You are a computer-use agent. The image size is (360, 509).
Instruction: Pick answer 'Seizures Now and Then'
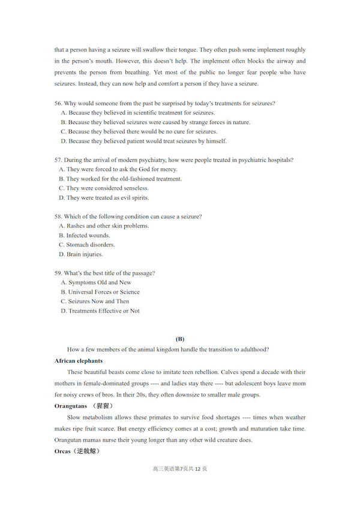pyautogui.click(x=98, y=302)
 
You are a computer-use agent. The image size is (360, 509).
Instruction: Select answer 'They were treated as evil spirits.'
pyautogui.click(x=107, y=198)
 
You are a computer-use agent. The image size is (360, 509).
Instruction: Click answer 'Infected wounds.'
pyautogui.click(x=88, y=236)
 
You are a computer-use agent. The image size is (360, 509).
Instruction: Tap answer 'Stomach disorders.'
pyautogui.click(x=90, y=245)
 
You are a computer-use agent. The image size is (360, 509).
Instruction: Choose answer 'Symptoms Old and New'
pyautogui.click(x=100, y=282)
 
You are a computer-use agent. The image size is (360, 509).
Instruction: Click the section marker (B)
pyautogui.click(x=179, y=339)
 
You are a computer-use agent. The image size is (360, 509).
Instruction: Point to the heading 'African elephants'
pyautogui.click(x=79, y=361)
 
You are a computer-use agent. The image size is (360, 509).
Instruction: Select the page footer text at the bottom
pyautogui.click(x=180, y=469)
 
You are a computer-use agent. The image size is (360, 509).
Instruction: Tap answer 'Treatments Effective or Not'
pyautogui.click(x=104, y=311)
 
